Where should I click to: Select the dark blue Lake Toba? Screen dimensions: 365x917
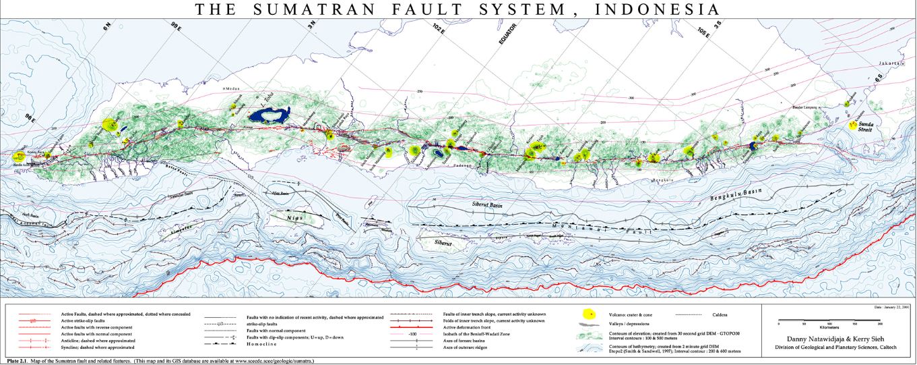274,115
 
